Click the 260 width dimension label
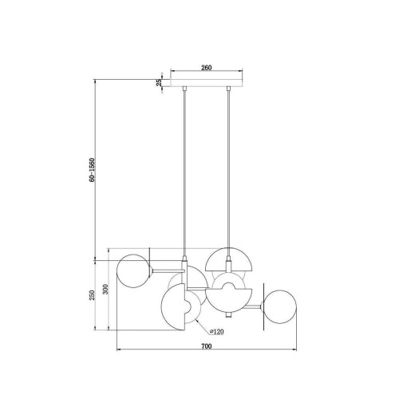click(x=206, y=68)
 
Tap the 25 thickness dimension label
click(x=159, y=82)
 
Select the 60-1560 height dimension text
click(x=92, y=170)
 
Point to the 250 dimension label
click(x=92, y=295)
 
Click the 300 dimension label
click(x=105, y=289)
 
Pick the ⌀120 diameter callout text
click(x=217, y=331)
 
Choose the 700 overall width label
click(x=207, y=346)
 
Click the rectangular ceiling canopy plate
click(x=207, y=83)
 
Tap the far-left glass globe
click(x=133, y=271)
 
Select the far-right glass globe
click(x=279, y=306)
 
